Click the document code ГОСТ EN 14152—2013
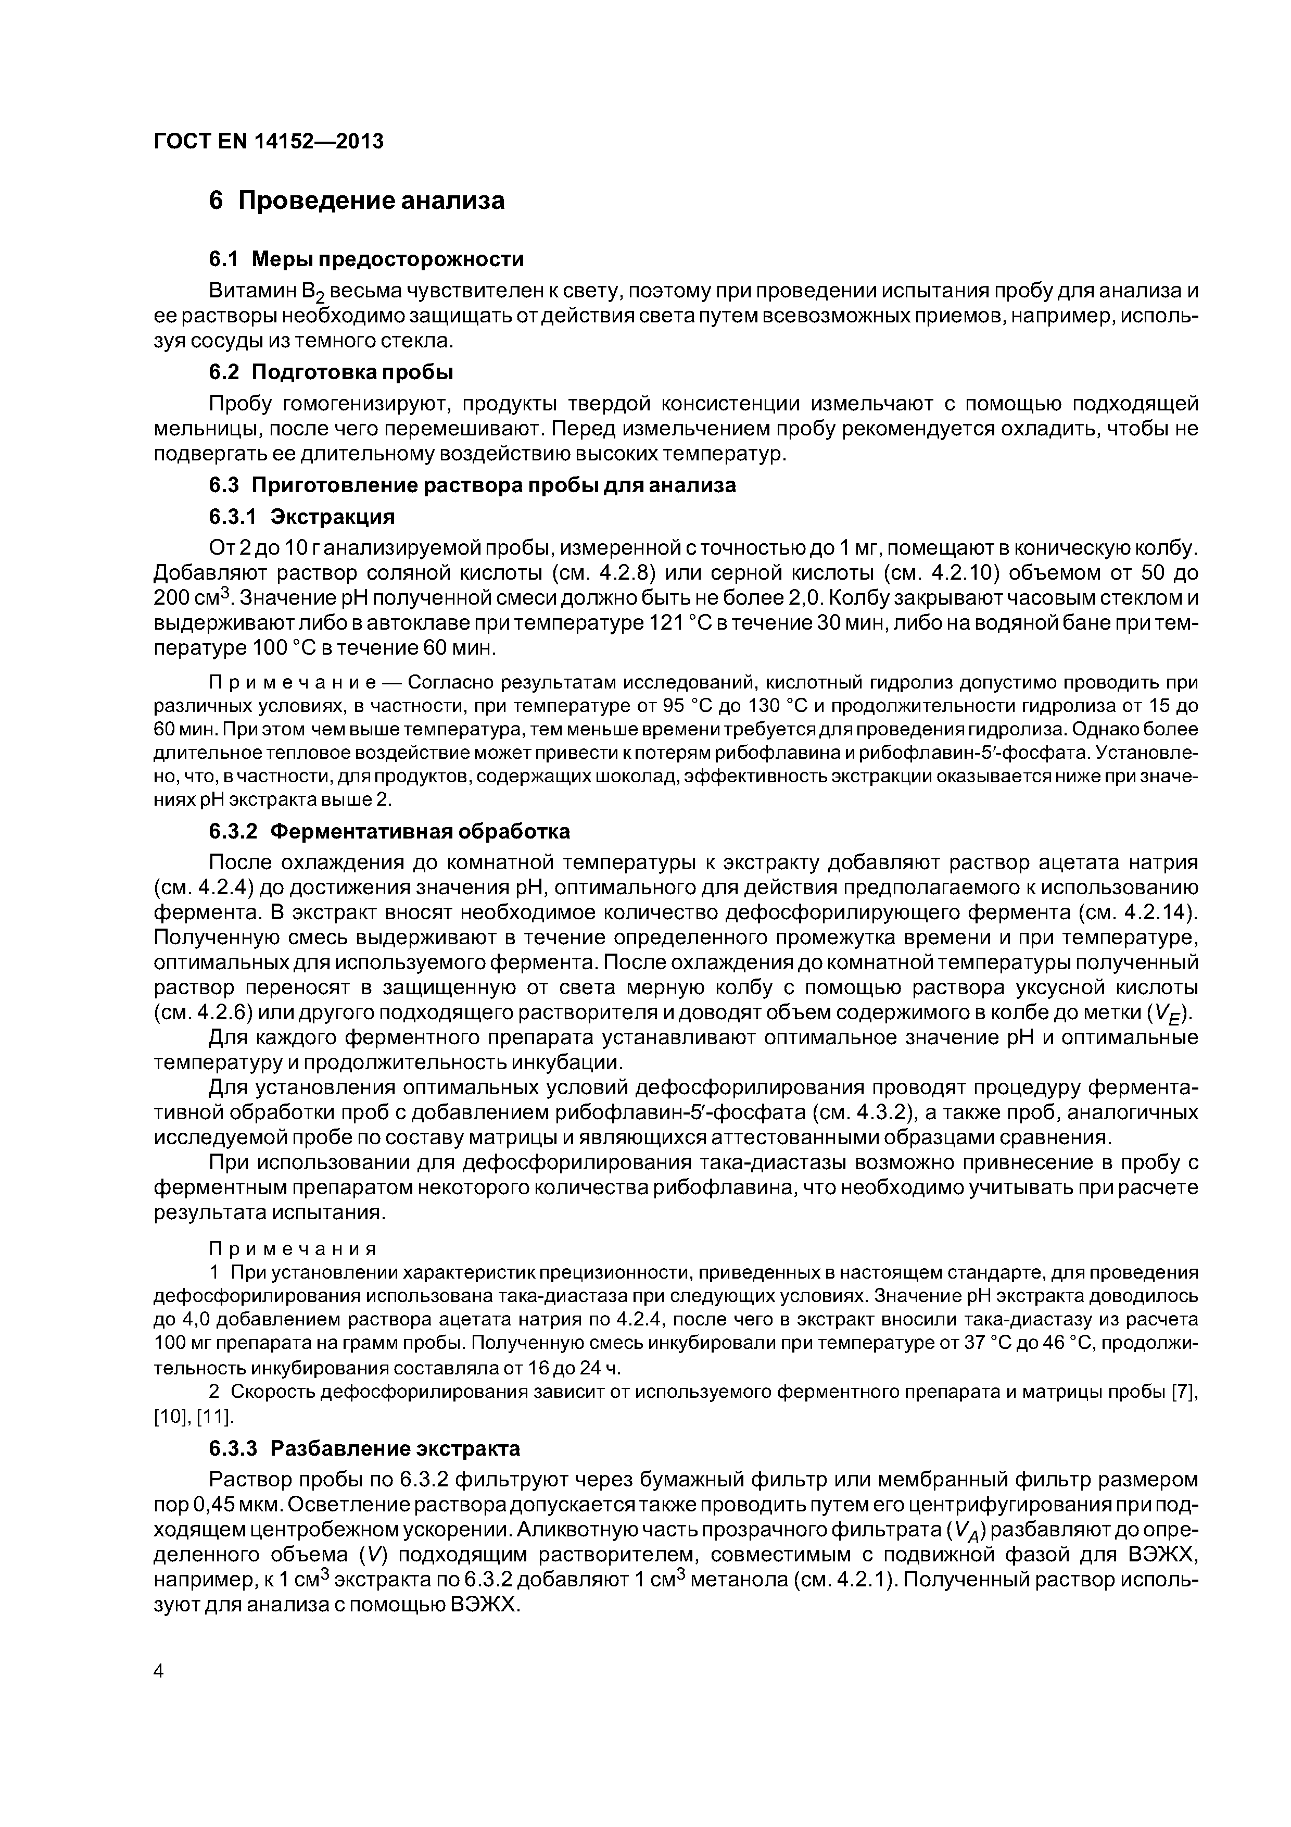268,142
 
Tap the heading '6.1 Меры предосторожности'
366,259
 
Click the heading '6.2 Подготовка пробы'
331,372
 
